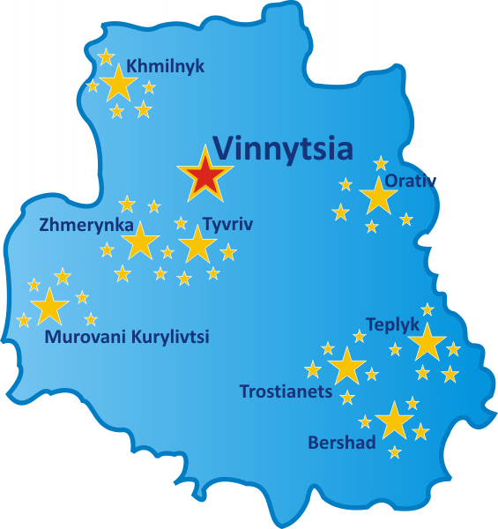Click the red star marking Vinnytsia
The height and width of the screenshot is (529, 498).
204,175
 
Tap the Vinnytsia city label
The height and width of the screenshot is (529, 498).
283,148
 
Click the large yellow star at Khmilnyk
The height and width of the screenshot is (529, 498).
119,84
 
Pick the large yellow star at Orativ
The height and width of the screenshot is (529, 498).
378,197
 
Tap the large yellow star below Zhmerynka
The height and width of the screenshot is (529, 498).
140,241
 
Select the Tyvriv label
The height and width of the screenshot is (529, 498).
227,225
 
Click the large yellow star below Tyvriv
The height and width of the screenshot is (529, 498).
197,244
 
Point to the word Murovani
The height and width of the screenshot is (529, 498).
84,336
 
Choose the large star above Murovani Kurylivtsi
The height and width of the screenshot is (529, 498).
49,306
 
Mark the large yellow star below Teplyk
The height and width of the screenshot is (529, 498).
427,342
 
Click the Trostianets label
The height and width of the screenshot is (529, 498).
286,391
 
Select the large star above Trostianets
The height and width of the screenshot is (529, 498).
346,366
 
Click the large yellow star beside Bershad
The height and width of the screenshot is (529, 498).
394,421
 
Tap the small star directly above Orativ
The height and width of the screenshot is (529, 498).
381,163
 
